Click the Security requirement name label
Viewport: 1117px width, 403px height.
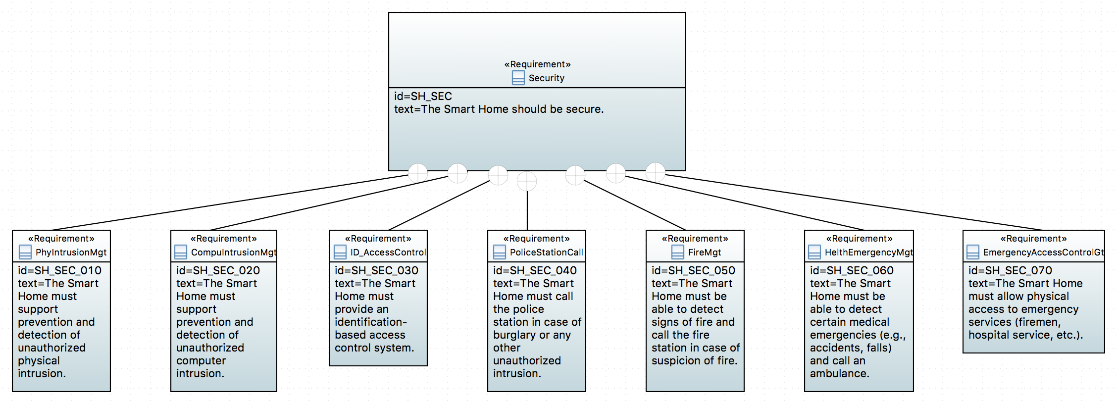(546, 78)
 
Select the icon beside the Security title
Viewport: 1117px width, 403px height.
(518, 78)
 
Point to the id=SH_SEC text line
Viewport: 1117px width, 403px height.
(423, 97)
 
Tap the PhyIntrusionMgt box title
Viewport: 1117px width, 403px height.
(71, 252)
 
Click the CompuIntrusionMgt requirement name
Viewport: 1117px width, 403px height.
(233, 252)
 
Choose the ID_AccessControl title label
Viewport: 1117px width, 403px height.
(388, 252)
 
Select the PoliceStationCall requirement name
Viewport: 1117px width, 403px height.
(546, 252)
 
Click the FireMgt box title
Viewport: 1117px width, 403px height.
(704, 252)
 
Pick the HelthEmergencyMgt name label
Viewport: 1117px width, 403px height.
(868, 252)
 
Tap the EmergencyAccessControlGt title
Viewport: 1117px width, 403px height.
(1043, 252)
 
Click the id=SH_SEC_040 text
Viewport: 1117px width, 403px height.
(535, 271)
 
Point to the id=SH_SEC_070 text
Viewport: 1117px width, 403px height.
(1010, 271)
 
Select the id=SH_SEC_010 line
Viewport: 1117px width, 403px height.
(59, 271)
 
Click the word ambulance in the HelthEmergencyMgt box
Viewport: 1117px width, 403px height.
(839, 374)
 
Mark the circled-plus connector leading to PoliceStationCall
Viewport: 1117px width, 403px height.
(527, 181)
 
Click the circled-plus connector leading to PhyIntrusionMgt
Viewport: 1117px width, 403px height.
(418, 173)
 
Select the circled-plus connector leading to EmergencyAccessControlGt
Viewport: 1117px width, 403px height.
(656, 172)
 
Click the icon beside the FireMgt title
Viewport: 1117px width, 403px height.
(677, 252)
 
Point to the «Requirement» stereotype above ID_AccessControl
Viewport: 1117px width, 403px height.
(378, 239)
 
